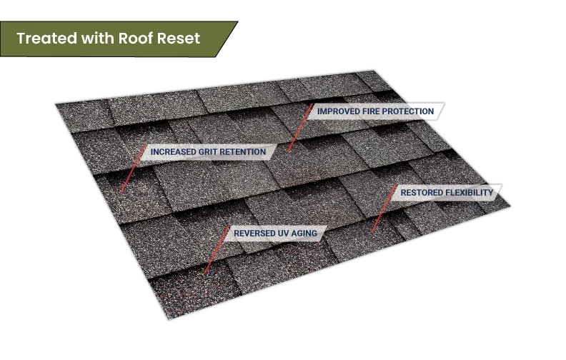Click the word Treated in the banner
[47, 39]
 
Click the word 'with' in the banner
[98, 39]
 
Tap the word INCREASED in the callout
[173, 152]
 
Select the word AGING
[304, 234]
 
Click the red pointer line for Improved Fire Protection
[300, 128]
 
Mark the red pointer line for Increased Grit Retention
[133, 169]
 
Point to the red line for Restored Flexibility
[384, 209]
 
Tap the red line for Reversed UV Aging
[217, 250]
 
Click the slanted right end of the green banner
[227, 39]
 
